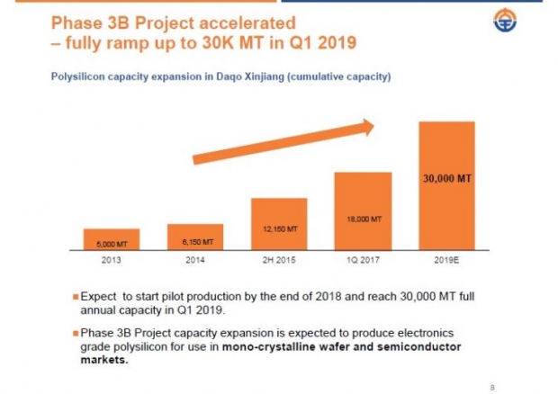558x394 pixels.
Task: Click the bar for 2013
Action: [x=104, y=240]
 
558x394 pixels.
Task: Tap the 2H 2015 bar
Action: [x=279, y=224]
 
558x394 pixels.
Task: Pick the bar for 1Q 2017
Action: [x=363, y=210]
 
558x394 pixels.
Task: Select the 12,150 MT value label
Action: [x=279, y=229]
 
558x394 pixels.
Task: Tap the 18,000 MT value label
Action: [x=364, y=219]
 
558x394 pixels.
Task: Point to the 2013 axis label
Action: [x=105, y=260]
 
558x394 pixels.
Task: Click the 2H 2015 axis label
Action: [x=279, y=260]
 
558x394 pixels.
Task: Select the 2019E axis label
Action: [x=446, y=260]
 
